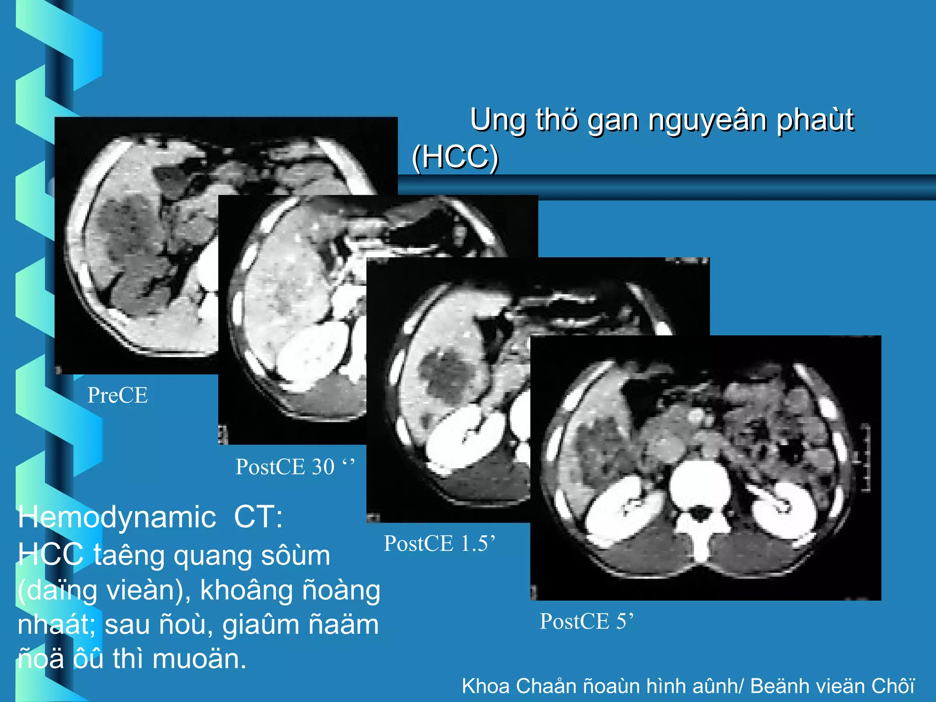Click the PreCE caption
click(x=117, y=395)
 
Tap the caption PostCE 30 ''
click(x=295, y=467)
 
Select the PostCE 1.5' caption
click(x=439, y=543)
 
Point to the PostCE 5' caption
click(x=587, y=622)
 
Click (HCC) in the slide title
click(x=455, y=157)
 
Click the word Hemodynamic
click(x=117, y=517)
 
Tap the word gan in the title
click(x=614, y=121)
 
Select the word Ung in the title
click(x=498, y=121)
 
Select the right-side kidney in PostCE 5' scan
click(x=784, y=507)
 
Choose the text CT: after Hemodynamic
click(x=258, y=517)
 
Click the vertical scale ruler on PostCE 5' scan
click(x=865, y=457)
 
